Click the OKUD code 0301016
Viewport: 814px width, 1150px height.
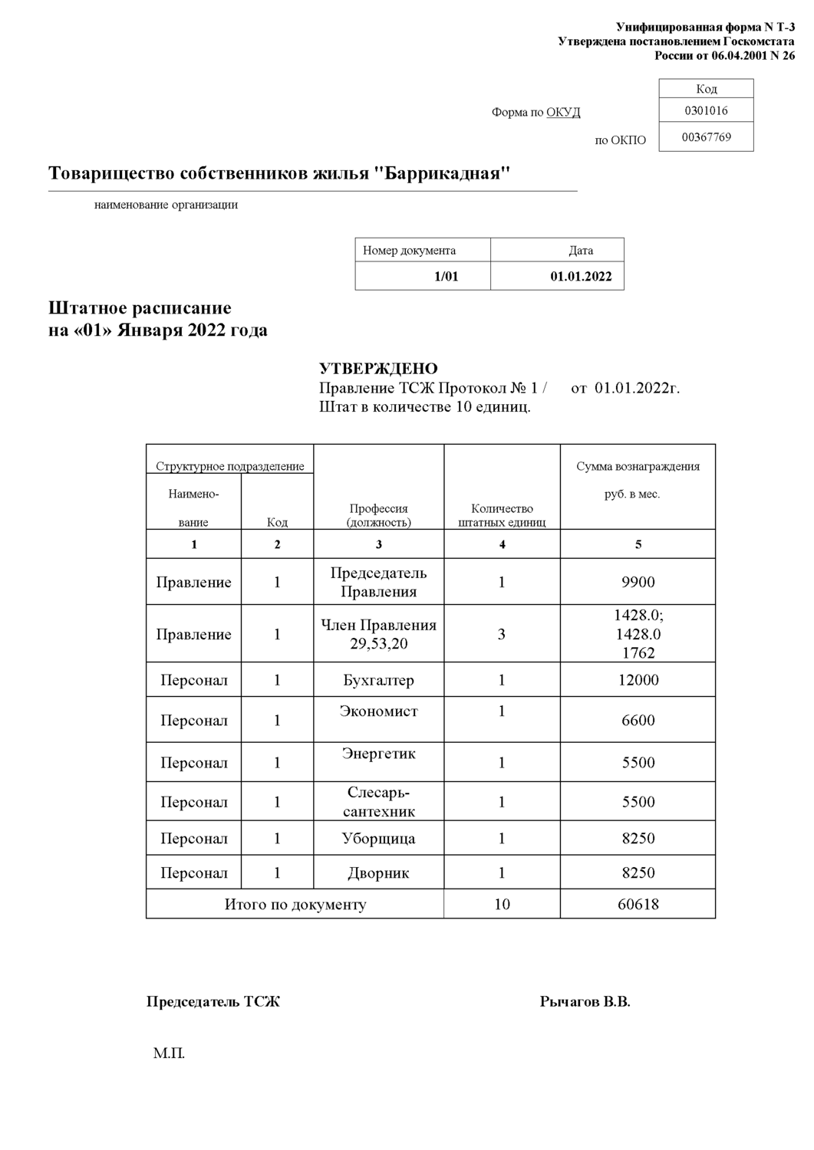tap(706, 110)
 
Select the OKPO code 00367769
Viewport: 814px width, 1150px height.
tap(706, 137)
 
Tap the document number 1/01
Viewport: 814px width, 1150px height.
tap(446, 277)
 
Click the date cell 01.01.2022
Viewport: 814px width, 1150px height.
tap(581, 277)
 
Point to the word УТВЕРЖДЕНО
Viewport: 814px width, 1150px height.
tap(378, 370)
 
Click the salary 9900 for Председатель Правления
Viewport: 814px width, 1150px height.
tap(638, 583)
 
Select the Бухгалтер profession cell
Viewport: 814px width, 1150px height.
tap(378, 680)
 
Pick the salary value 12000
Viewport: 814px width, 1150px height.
tap(638, 680)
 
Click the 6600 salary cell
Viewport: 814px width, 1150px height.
tap(638, 721)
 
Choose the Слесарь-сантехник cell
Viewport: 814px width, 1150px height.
tap(378, 802)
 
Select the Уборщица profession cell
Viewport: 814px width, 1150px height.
tap(378, 839)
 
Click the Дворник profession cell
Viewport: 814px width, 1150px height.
tap(378, 873)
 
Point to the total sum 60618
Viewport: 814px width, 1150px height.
tap(638, 905)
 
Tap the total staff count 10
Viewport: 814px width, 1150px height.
tap(502, 905)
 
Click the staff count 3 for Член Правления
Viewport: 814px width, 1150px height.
tap(502, 635)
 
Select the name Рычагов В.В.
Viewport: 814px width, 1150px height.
tap(585, 1002)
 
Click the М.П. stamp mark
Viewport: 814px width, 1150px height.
tap(169, 1053)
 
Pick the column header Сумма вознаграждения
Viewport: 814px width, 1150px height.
tap(638, 466)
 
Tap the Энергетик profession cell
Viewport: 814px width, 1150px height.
tap(378, 754)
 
